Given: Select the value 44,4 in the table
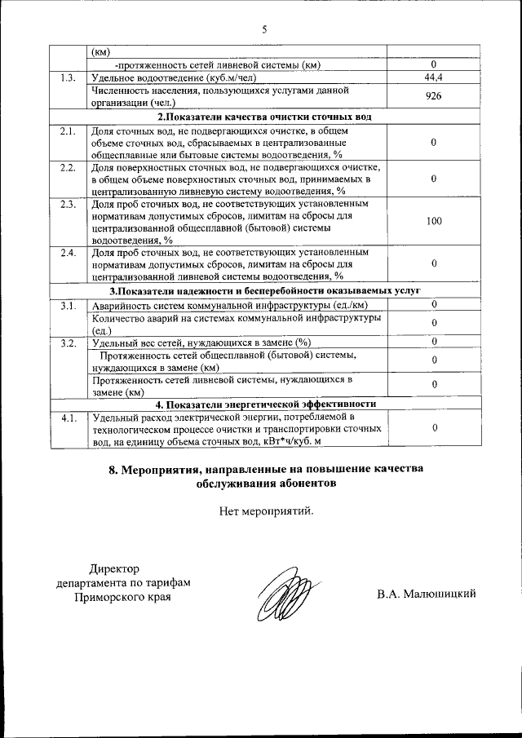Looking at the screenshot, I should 434,77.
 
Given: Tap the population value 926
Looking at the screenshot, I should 434,96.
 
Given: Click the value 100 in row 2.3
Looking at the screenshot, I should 434,221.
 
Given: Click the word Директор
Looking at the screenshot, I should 115,568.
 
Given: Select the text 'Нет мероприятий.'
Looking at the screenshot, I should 266,511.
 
